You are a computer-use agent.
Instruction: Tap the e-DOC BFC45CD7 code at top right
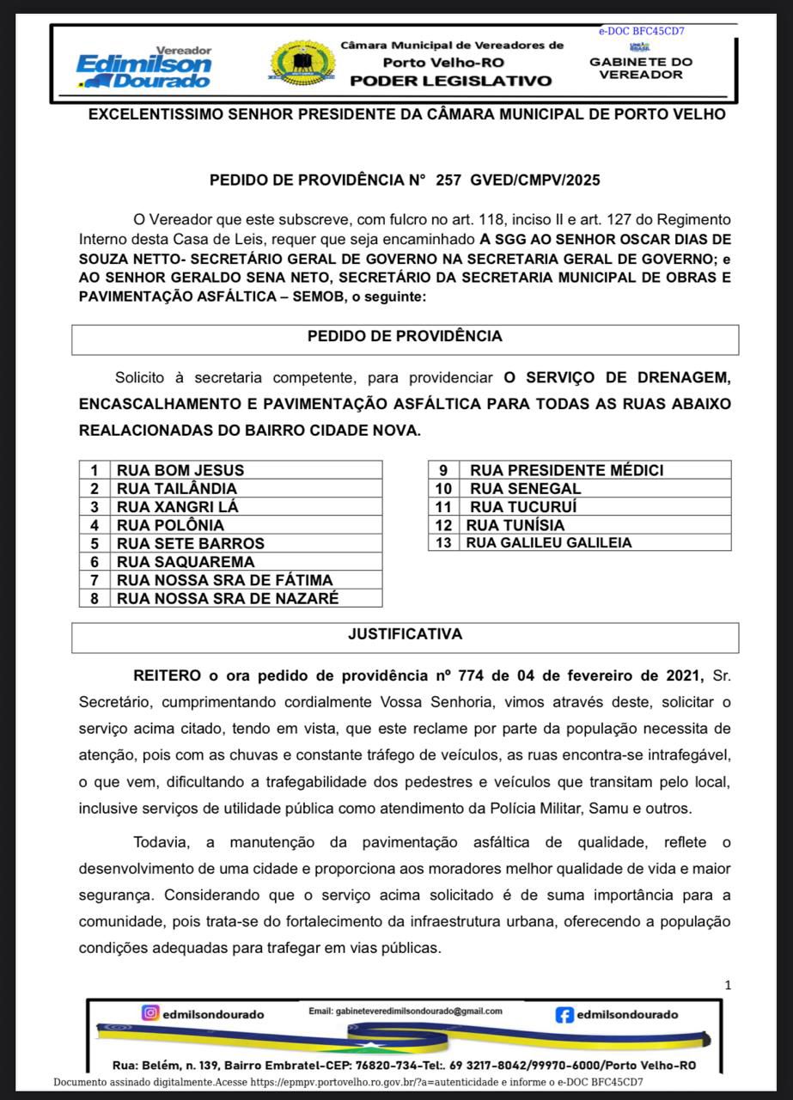[642, 32]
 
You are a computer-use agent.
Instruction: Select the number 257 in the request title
[448, 180]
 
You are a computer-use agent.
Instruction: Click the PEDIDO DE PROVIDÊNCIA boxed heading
[405, 337]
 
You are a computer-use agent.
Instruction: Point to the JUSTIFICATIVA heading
[405, 635]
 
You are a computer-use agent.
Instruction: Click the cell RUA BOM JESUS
[180, 470]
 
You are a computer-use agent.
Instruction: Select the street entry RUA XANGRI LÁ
[178, 507]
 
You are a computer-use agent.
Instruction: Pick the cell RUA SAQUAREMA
[186, 562]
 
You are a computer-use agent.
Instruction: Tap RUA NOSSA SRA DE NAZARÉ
[228, 598]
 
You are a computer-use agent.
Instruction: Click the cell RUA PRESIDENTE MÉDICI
[566, 470]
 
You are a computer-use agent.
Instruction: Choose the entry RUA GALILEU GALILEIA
[549, 542]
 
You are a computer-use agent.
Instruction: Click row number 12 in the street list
[443, 525]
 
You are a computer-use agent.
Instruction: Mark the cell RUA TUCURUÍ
[524, 507]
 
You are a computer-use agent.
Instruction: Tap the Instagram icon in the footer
[150, 1013]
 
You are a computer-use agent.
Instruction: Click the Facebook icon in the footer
[565, 1015]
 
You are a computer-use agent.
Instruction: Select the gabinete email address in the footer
[405, 1011]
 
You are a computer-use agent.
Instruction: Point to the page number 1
[728, 985]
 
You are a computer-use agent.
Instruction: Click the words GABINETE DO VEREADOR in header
[641, 68]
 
